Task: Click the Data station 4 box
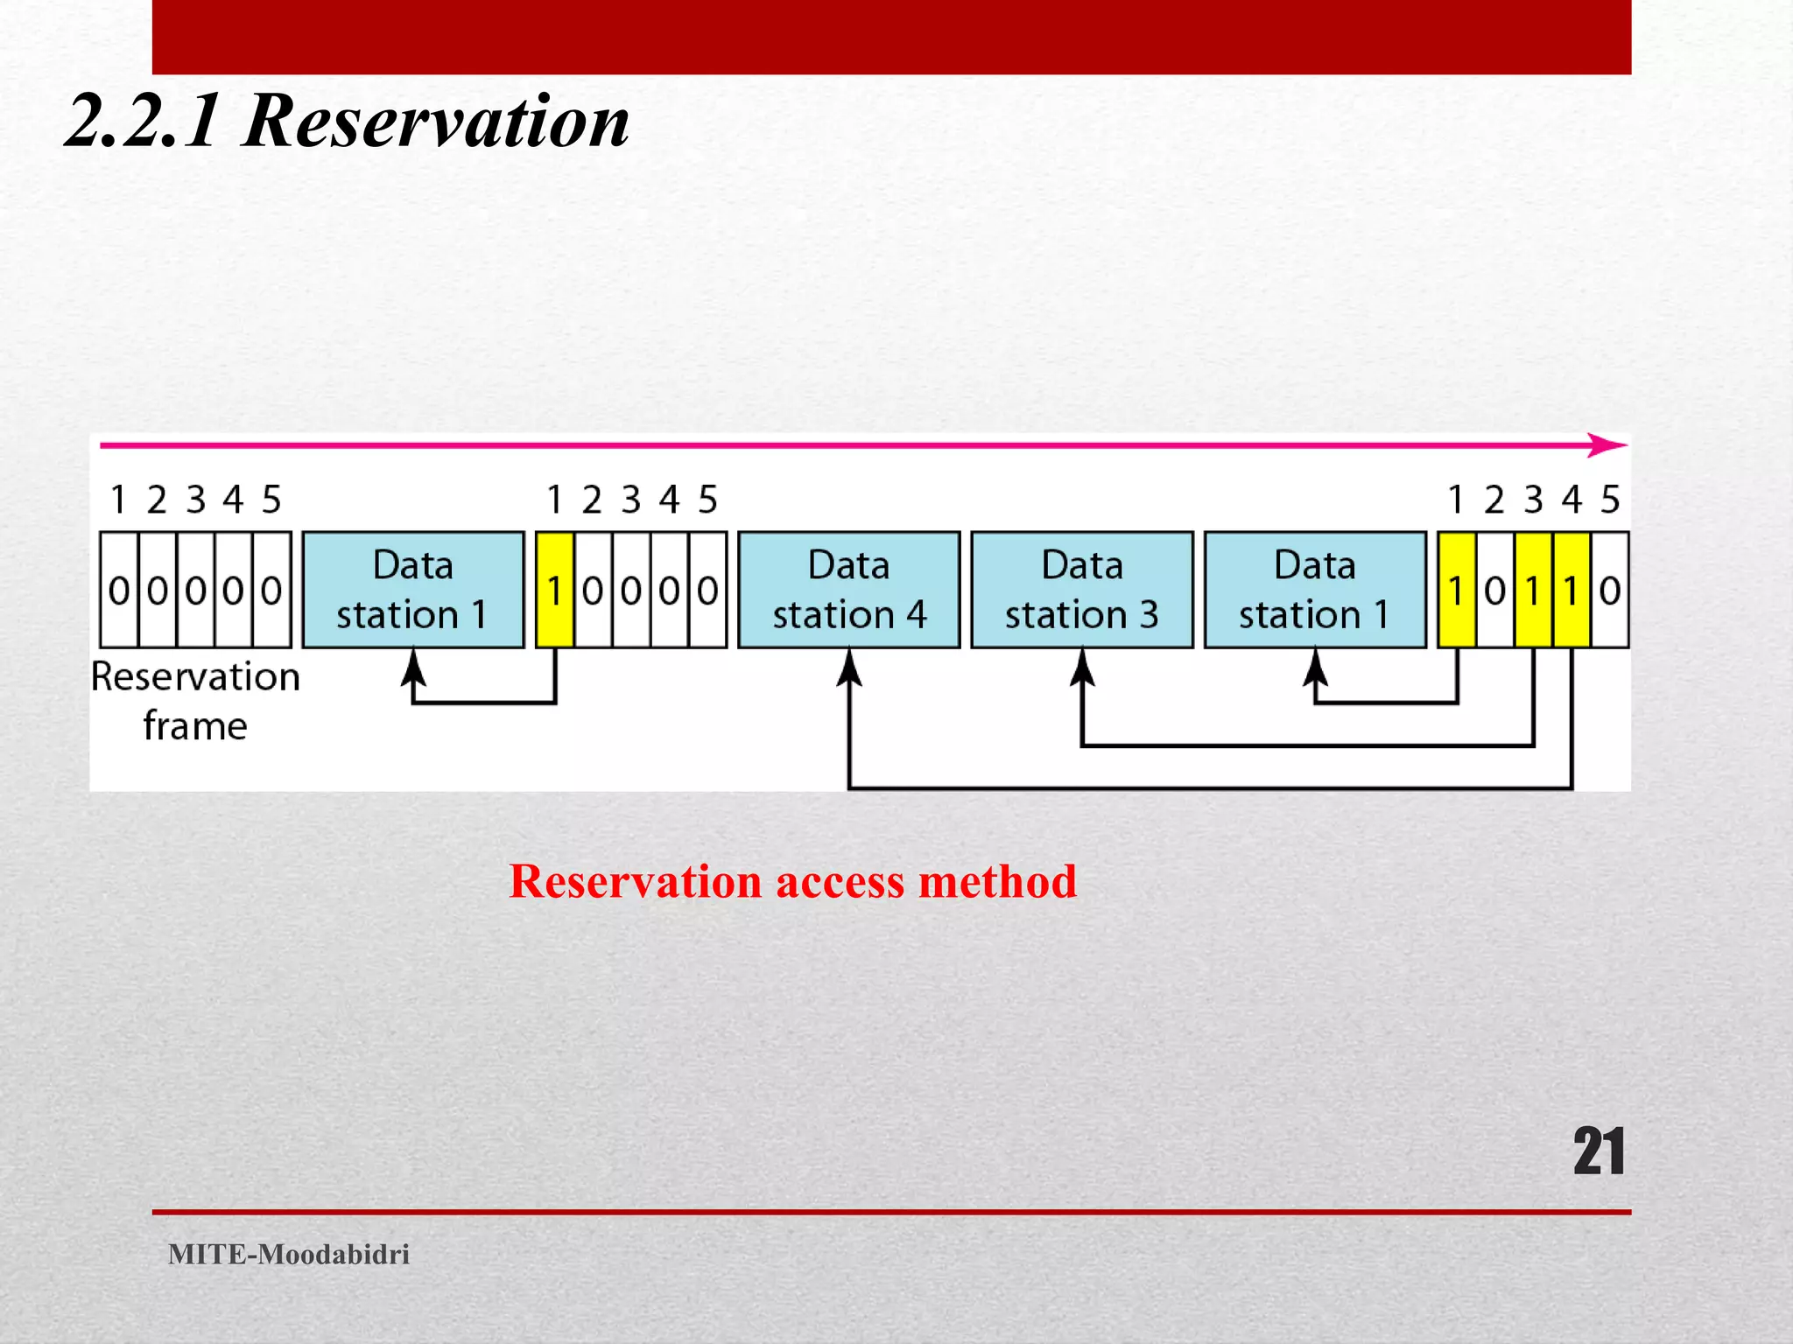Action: pyautogui.click(x=848, y=589)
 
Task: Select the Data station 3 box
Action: pyautogui.click(x=1082, y=589)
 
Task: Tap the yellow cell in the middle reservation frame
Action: pyautogui.click(x=554, y=590)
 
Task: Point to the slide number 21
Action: pyautogui.click(x=1599, y=1151)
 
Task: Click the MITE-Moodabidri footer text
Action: pyautogui.click(x=289, y=1254)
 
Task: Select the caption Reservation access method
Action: pyautogui.click(x=792, y=881)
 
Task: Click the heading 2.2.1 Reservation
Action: pyautogui.click(x=348, y=121)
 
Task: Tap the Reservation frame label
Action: pyautogui.click(x=195, y=701)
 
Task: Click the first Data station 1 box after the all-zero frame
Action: pyautogui.click(x=413, y=589)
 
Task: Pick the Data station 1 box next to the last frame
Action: pyautogui.click(x=1315, y=589)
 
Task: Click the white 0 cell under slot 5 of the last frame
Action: pyautogui.click(x=1610, y=590)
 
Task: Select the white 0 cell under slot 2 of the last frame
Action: pyautogui.click(x=1494, y=590)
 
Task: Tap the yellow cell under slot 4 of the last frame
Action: pyautogui.click(x=1572, y=590)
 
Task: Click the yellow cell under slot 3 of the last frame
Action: pyautogui.click(x=1533, y=590)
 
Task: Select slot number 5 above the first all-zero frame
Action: pyautogui.click(x=271, y=500)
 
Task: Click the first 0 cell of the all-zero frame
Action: pyautogui.click(x=119, y=590)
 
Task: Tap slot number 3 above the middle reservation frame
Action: pyautogui.click(x=631, y=500)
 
